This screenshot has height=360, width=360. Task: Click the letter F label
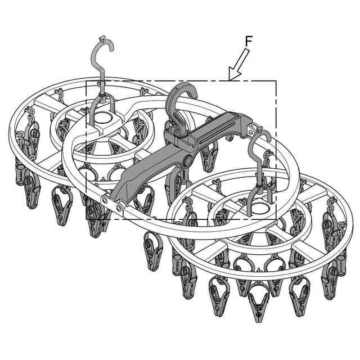tap(249, 41)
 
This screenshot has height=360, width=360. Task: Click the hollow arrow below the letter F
tap(238, 65)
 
